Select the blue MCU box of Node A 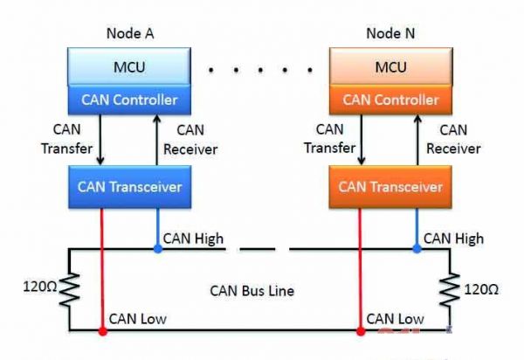(x=128, y=66)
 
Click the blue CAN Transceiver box (x=128, y=185)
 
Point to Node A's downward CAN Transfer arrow (x=100, y=140)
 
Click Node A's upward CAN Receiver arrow (x=157, y=140)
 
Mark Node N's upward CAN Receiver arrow (x=418, y=140)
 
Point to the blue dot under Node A (x=158, y=249)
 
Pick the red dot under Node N (x=360, y=332)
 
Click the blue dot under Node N (x=417, y=249)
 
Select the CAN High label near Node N (x=453, y=238)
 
